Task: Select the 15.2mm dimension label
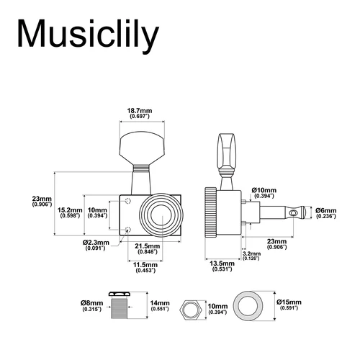click(71, 212)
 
